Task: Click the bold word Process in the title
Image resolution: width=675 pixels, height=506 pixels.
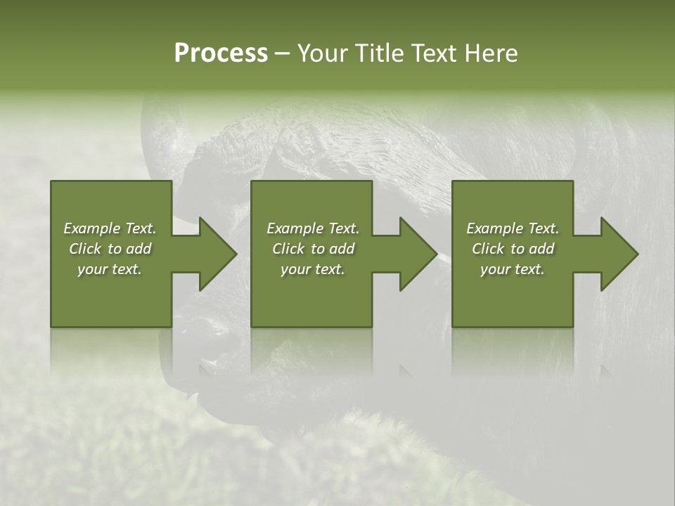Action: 221,53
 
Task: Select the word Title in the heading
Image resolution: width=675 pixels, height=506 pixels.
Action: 383,53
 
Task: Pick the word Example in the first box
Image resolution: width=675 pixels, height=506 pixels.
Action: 91,228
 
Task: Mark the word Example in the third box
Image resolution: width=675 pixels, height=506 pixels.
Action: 494,228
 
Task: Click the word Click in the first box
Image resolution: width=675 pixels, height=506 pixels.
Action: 85,249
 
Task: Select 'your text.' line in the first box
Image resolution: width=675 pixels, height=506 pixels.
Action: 110,269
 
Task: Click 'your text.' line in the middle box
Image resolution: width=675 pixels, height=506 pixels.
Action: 313,269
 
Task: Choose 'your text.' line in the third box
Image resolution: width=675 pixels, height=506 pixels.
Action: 513,269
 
